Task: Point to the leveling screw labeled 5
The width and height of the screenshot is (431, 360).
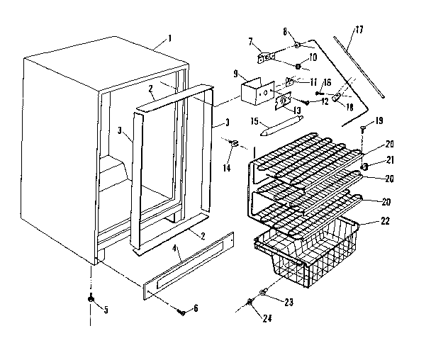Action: (x=91, y=300)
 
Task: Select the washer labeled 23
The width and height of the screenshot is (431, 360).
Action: (x=264, y=292)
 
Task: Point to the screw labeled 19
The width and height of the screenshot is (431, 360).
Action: (x=362, y=128)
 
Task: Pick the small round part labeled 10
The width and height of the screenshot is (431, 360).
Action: (x=298, y=67)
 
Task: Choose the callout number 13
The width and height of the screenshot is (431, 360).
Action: (x=297, y=111)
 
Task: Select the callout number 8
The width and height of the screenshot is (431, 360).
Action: (x=284, y=31)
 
